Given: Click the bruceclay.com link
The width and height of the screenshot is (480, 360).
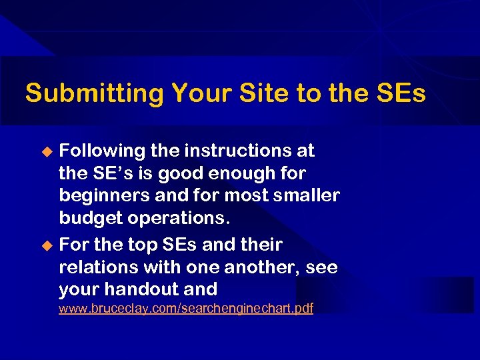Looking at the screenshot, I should [185, 309].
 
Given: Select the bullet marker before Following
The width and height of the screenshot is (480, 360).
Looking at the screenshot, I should [47, 152].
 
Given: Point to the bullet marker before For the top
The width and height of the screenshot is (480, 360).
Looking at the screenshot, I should [47, 246].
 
